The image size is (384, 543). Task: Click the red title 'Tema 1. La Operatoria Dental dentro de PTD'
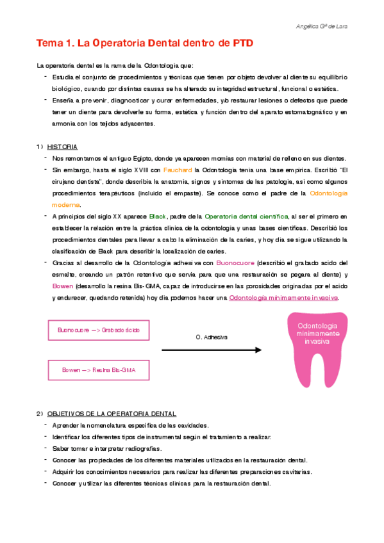145,44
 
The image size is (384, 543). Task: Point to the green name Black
157,216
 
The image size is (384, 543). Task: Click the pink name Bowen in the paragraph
62,286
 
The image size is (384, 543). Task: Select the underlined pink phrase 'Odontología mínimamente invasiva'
283,298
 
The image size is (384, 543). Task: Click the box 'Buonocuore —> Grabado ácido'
103,330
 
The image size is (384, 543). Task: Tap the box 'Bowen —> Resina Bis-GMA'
103,370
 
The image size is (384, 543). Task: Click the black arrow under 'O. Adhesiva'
212,350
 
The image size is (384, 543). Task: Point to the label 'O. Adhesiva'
212,336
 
